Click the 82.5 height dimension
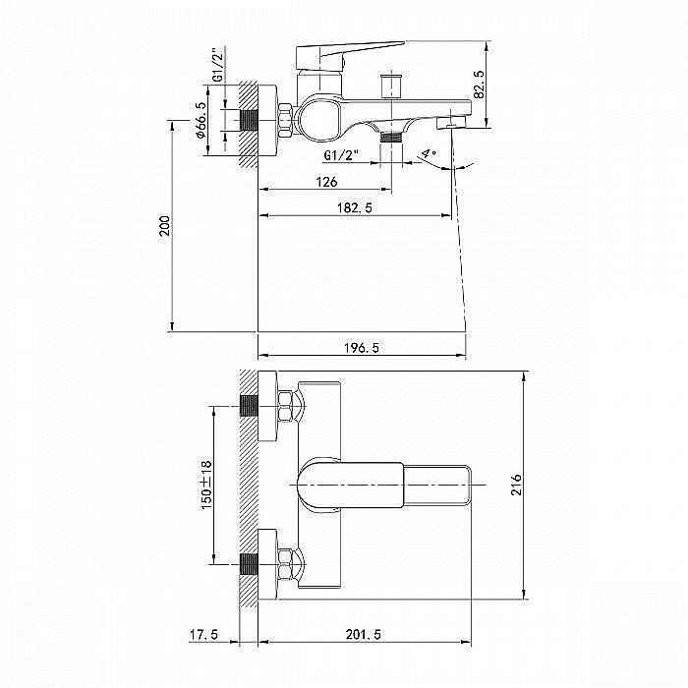point(479,85)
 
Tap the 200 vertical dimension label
point(164,225)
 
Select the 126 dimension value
point(326,182)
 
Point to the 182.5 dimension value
point(355,207)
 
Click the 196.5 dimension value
point(361,348)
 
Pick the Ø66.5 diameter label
point(201,120)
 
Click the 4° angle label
point(429,154)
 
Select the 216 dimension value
point(516,485)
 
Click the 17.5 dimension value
point(203,635)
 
